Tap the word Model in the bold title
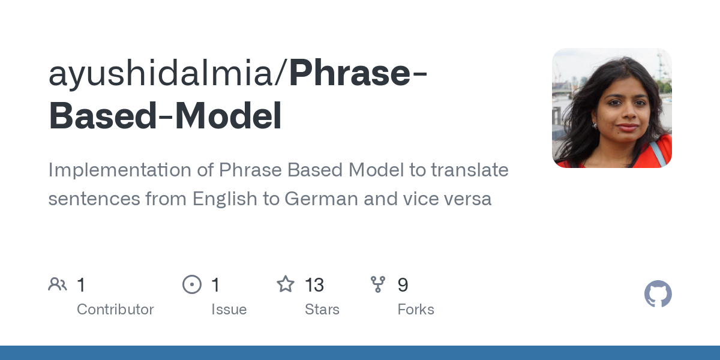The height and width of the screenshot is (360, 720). tap(240, 116)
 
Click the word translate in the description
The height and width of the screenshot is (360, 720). tap(470, 170)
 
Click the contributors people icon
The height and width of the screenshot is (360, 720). tap(58, 284)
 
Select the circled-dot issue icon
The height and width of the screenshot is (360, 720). tap(192, 284)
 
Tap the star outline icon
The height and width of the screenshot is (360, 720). tap(286, 284)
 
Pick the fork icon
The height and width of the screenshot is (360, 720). tap(378, 284)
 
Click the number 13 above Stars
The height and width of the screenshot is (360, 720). tap(314, 285)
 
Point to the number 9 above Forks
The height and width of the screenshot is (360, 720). tap(403, 285)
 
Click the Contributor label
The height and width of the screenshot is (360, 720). tap(115, 310)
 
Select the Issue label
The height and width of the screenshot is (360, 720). tap(229, 310)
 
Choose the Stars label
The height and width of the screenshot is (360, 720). tap(322, 310)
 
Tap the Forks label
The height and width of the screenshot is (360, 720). tap(416, 310)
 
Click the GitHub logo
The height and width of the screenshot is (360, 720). tap(658, 294)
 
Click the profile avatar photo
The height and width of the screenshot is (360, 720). tap(611, 108)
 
